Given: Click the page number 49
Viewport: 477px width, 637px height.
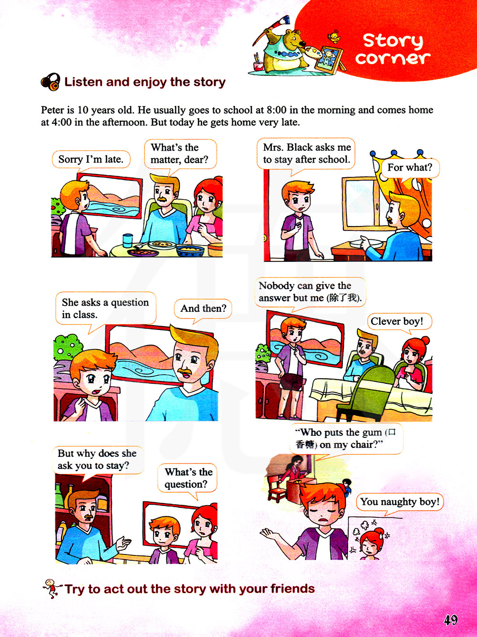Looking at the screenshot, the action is coord(451,619).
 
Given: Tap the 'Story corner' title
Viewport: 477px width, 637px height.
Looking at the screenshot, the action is coord(393,50).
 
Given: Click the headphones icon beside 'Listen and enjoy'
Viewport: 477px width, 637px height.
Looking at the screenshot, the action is coord(51,82).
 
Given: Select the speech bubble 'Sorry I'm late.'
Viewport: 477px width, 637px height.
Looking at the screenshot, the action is coord(91,159).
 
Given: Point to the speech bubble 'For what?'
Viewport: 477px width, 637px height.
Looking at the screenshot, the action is coord(410,168).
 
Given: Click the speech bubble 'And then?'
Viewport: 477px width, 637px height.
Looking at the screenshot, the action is coord(203,309).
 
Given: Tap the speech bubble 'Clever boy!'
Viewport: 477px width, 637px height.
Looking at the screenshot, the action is coord(400,321).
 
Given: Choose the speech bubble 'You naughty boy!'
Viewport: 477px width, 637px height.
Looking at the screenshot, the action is coord(400,502).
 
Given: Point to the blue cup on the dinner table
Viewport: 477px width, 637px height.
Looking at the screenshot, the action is coord(127,240).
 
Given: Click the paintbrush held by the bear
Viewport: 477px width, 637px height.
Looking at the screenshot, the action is coord(270,29).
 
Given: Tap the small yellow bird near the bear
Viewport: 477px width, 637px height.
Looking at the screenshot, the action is coord(333,37).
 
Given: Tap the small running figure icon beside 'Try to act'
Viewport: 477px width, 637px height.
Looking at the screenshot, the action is coord(52,588).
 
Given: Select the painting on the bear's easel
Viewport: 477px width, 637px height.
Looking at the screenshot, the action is coord(328,59).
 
